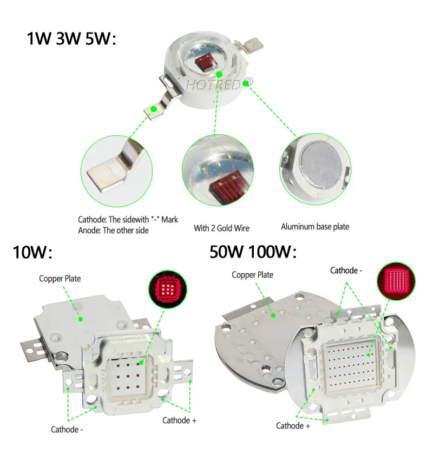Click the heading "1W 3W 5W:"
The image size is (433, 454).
point(71,40)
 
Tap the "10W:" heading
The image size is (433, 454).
point(32,252)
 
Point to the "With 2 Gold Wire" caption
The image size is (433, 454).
point(221,228)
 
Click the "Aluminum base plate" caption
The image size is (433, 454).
point(315,227)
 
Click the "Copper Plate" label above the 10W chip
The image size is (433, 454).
point(60,279)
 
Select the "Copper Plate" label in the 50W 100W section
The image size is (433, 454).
point(253,275)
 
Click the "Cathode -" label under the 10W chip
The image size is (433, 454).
point(67,430)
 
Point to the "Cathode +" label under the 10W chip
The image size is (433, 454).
point(179,420)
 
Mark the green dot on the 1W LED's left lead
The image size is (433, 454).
point(154,109)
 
